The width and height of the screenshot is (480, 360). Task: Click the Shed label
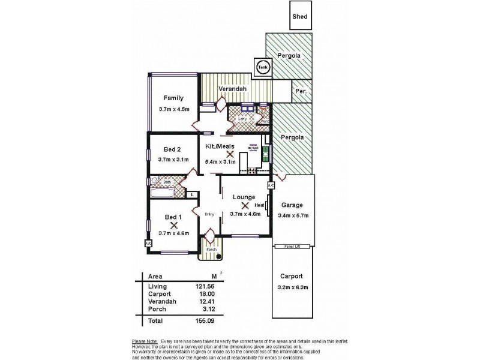(x=300, y=17)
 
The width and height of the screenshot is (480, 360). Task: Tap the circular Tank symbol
(x=262, y=68)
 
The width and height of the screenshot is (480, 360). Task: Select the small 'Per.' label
(x=301, y=92)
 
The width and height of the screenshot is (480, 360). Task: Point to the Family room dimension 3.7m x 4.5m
(x=174, y=109)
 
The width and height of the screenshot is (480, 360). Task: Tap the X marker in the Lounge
(x=245, y=205)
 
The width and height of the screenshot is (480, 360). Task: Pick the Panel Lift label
(x=293, y=246)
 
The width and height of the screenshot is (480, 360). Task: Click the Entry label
(x=209, y=214)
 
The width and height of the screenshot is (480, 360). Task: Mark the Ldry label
(x=242, y=119)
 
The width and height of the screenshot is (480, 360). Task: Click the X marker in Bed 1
(x=174, y=225)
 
